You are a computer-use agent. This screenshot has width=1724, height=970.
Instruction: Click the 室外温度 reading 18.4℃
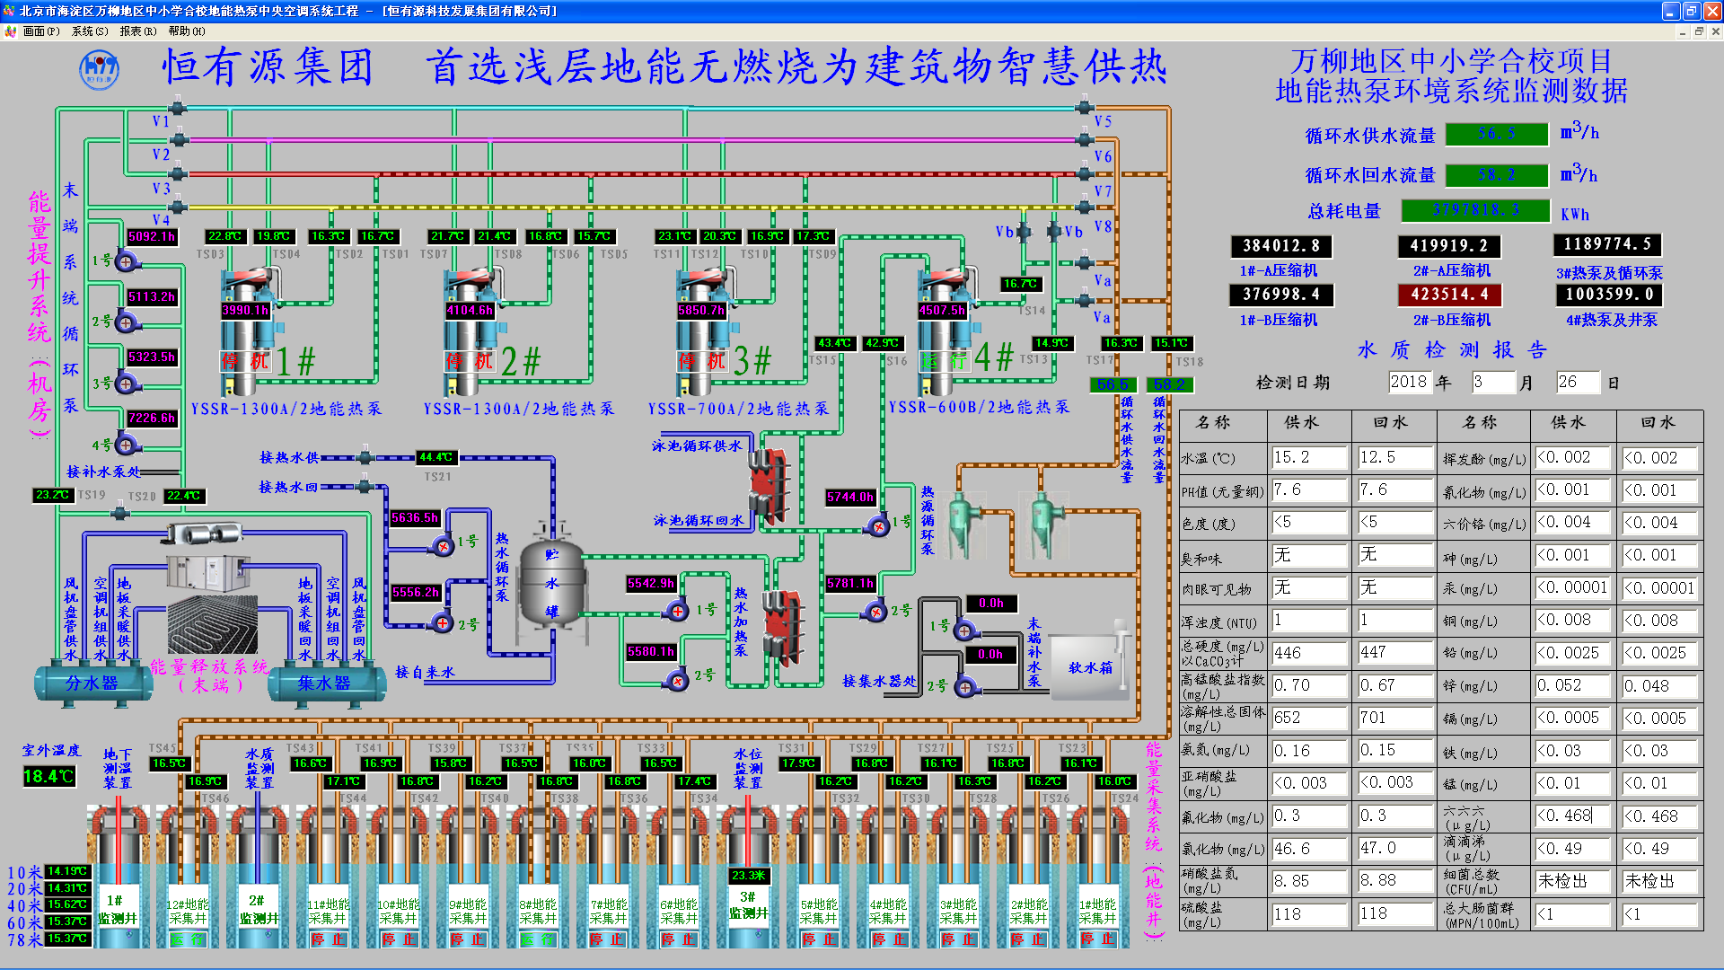(x=48, y=776)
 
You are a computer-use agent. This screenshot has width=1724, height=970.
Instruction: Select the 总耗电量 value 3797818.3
(x=1475, y=210)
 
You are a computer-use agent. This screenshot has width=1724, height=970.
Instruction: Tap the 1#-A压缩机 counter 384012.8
(x=1280, y=246)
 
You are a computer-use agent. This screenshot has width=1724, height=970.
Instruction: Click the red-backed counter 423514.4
(x=1449, y=295)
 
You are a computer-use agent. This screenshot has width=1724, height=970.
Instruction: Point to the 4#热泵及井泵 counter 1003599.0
(x=1608, y=295)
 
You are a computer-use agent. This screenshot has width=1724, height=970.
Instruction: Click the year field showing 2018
(x=1408, y=382)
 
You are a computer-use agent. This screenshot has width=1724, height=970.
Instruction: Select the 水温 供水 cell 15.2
(x=1308, y=458)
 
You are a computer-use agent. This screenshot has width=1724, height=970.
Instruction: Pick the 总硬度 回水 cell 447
(x=1394, y=653)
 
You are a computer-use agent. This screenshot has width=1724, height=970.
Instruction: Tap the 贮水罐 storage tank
(x=552, y=584)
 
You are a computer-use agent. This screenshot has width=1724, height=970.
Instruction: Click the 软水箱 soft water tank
(x=1089, y=667)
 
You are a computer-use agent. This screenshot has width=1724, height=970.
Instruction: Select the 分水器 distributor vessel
(x=92, y=683)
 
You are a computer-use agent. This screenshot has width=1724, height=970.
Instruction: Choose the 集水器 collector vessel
(x=324, y=683)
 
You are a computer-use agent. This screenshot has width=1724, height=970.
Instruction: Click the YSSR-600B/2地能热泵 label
(x=979, y=407)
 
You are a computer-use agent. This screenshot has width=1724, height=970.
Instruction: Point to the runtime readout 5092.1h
(x=152, y=237)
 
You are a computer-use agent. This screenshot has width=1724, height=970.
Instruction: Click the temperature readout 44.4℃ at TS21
(x=436, y=457)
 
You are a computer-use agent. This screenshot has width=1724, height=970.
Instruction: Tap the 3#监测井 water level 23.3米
(x=748, y=875)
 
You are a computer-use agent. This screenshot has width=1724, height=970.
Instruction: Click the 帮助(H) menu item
(x=186, y=31)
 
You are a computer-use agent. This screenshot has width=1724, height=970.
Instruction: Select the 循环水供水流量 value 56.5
(x=1497, y=134)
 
